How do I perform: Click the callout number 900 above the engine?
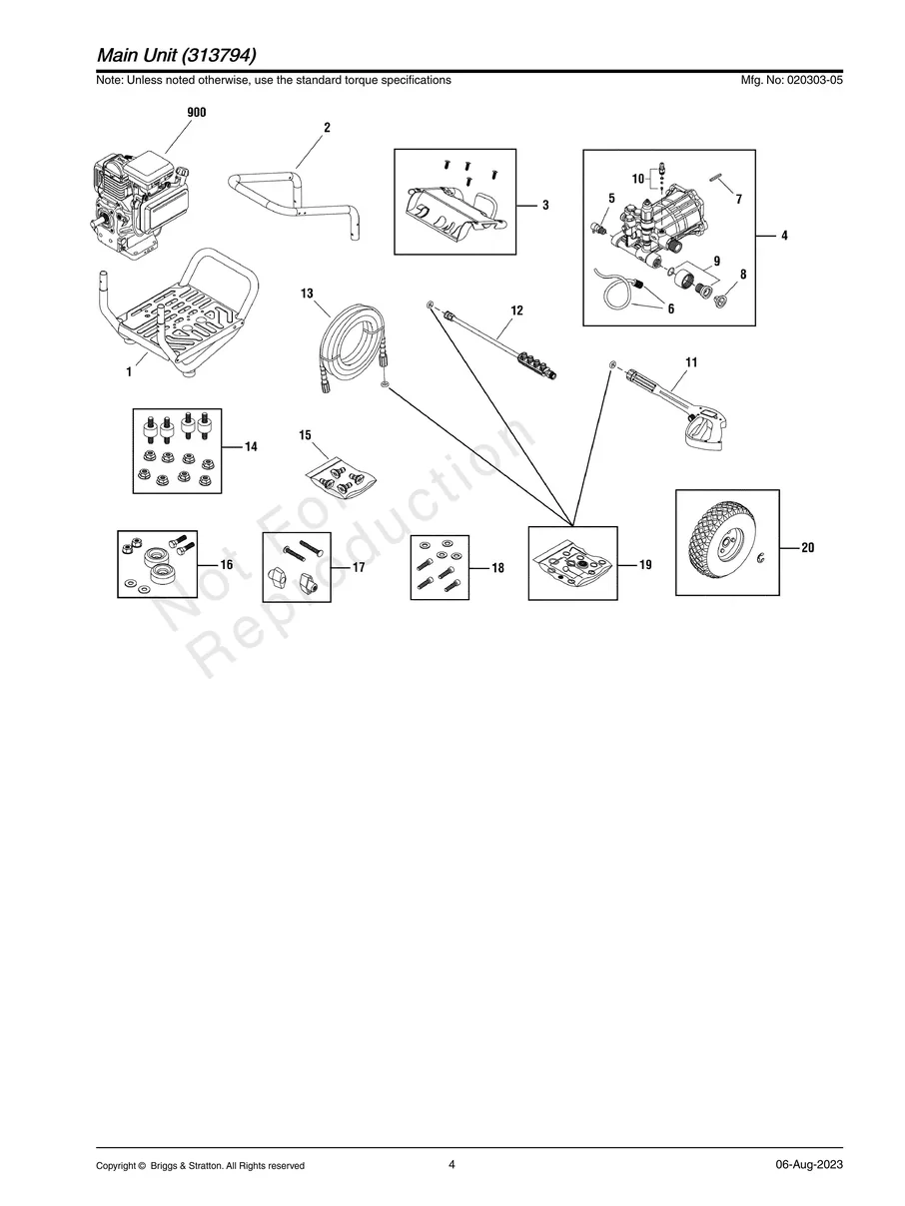point(196,112)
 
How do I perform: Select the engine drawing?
point(140,205)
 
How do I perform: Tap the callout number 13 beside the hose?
point(307,294)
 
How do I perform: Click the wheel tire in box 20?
point(719,541)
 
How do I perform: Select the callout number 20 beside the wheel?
point(807,547)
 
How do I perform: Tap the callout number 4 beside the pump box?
point(784,236)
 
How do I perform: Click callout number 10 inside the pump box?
point(637,179)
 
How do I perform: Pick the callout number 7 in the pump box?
point(739,199)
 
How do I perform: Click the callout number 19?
point(645,564)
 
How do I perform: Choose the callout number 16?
point(227,564)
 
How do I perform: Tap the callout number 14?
point(251,446)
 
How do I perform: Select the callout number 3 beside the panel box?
point(545,205)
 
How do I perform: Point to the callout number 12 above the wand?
point(516,310)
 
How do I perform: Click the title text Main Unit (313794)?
point(177,55)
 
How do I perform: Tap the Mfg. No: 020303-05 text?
point(791,80)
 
